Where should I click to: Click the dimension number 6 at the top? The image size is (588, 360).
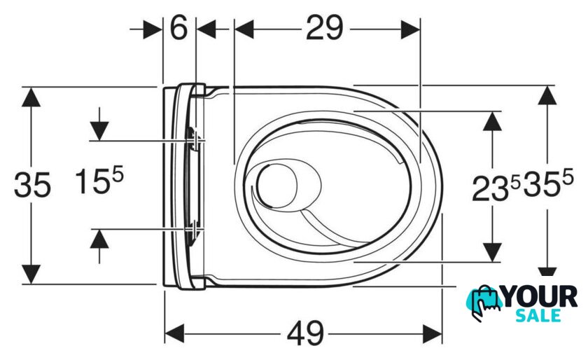(178, 28)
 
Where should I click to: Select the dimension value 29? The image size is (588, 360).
(324, 28)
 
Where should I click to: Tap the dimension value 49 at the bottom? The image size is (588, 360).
(305, 333)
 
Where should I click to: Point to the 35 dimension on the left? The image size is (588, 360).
(32, 185)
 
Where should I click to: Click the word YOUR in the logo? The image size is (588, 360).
(540, 296)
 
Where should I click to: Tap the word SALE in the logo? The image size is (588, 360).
(538, 315)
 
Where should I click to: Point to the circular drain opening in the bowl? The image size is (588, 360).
(276, 186)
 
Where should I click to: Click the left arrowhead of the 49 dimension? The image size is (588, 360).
(174, 333)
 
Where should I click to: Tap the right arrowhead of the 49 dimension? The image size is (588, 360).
(433, 333)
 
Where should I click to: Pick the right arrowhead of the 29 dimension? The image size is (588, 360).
(410, 29)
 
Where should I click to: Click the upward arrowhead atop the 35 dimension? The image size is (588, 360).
(31, 97)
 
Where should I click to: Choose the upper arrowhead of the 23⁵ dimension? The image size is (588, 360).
(492, 121)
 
